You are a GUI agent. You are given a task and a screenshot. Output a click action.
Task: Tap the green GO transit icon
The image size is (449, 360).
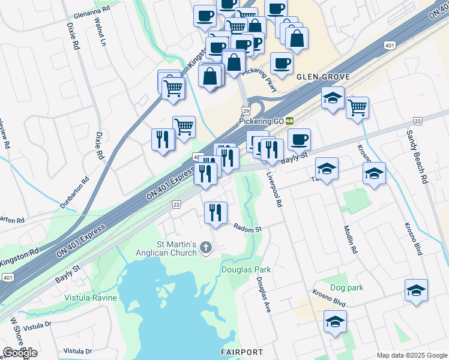pos(289,121)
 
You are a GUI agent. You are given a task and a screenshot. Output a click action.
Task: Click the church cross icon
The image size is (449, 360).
pos(206,248)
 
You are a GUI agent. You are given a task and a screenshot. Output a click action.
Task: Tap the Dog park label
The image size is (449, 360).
pos(346,288)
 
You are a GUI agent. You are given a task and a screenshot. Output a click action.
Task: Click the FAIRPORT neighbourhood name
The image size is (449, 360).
pos(241,352)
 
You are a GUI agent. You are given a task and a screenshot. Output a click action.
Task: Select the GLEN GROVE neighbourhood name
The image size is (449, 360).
pos(319,76)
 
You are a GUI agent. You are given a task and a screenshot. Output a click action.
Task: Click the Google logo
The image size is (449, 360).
pos(20,352)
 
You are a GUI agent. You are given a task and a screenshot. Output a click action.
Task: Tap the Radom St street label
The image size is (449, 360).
pos(248,229)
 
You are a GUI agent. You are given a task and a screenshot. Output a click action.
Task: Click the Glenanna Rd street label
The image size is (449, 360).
pos(91,11)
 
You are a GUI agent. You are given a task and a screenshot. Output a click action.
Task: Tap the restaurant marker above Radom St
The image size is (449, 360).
pos(215,212)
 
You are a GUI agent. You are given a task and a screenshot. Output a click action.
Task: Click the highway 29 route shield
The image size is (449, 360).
pos(246,111)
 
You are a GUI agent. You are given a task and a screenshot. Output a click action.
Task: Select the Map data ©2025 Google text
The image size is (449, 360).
pos(411,355)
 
